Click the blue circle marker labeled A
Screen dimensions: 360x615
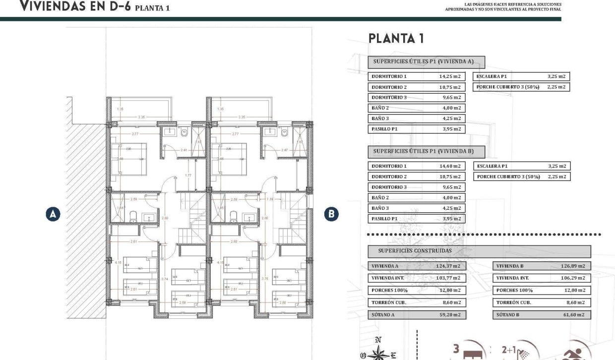[53, 214]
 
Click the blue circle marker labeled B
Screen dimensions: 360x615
[331, 214]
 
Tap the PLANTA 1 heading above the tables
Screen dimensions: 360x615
[396, 39]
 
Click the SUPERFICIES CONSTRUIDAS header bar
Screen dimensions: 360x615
[479, 251]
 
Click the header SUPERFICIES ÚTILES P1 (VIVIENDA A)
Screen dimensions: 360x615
[426, 62]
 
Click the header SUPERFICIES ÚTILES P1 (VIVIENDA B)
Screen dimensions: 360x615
[426, 151]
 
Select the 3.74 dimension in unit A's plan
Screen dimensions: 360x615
[165, 279]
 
